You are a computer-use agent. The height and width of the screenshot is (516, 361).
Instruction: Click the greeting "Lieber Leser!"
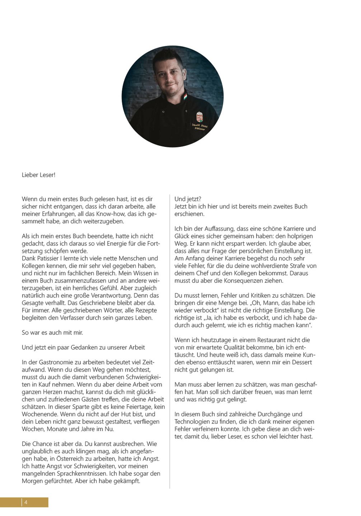click(38, 175)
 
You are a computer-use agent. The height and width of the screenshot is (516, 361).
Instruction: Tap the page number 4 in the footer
click(26, 502)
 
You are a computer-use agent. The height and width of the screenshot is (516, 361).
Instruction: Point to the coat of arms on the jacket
click(200, 117)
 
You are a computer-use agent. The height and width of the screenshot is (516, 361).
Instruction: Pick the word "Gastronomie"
click(55, 362)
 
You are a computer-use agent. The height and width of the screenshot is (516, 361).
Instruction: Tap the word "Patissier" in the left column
click(48, 258)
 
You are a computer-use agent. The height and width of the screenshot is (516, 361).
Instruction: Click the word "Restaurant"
click(272, 340)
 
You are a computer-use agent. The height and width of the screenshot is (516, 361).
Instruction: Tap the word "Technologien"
click(192, 422)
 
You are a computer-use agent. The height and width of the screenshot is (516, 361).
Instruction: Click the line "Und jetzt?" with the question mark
click(188, 199)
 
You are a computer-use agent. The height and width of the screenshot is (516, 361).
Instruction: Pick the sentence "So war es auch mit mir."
click(52, 333)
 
